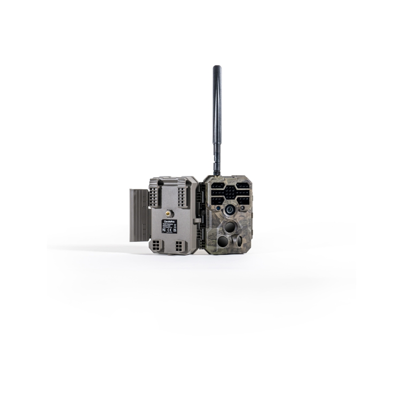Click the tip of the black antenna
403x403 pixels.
[x=217, y=68]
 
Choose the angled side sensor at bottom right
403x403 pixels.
[x=239, y=241]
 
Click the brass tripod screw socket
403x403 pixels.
[x=170, y=213]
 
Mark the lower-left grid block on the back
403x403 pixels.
[x=157, y=246]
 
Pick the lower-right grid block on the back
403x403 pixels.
[x=180, y=246]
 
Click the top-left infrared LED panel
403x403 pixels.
[x=219, y=185]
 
